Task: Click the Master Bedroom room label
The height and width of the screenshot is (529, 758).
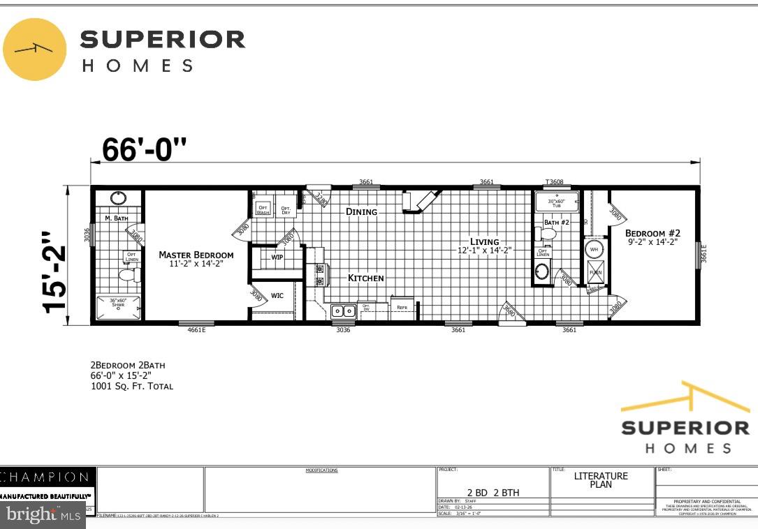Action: (x=196, y=255)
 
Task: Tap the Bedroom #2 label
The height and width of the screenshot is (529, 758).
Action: (x=653, y=233)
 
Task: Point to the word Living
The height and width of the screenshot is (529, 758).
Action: (x=484, y=241)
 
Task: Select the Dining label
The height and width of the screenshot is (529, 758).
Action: (x=361, y=211)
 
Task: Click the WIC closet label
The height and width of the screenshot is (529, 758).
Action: (x=277, y=296)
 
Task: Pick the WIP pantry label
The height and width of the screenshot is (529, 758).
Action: (x=277, y=257)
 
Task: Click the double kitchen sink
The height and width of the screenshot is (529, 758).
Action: (x=343, y=311)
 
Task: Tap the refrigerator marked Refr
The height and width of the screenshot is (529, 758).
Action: (x=402, y=308)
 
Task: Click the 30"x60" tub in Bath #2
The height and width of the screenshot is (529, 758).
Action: (x=557, y=202)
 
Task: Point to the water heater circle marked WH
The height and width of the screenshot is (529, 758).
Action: (x=594, y=249)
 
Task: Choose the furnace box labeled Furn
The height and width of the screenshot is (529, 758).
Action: (x=595, y=272)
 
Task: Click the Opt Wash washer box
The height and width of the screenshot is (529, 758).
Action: (x=263, y=209)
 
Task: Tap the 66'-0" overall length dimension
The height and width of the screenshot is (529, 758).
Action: (x=145, y=149)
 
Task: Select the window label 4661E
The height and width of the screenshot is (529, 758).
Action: (x=196, y=330)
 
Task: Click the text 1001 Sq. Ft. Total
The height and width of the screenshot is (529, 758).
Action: (x=131, y=386)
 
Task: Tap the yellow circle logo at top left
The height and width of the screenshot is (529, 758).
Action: (x=35, y=49)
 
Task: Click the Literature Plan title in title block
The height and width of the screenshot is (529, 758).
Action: (x=601, y=480)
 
